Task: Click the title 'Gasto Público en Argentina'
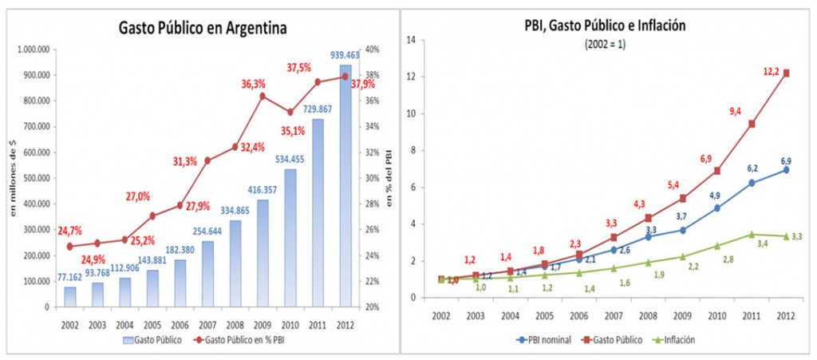pos(202,28)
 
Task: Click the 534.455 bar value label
pos(292,158)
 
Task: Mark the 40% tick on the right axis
pos(372,49)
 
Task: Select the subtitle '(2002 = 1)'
pos(606,43)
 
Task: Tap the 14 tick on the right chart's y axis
pos(412,40)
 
